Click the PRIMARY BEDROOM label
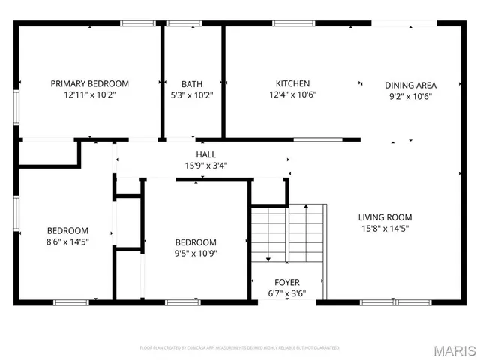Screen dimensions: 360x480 (89, 83)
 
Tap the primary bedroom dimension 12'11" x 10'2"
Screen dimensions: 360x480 (89, 95)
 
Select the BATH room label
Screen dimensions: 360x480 (192, 83)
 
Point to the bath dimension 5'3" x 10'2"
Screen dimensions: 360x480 (192, 95)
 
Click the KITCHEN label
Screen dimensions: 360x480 (292, 83)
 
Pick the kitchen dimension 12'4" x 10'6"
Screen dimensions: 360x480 (292, 95)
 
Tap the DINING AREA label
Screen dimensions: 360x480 (410, 85)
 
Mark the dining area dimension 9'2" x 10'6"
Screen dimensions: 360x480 (410, 96)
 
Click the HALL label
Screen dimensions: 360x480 (206, 154)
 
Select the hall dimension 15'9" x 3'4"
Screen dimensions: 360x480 (206, 166)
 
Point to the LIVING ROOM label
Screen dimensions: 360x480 (384, 217)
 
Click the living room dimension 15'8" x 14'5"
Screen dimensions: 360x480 (384, 229)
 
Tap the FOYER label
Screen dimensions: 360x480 (287, 282)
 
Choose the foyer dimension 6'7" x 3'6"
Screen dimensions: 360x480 (287, 293)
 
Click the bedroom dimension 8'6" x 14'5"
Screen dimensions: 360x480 (67, 241)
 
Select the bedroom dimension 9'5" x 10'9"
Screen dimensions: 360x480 (196, 253)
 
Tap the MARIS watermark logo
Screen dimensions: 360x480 (452, 349)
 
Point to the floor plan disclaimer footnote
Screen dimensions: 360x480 (240, 348)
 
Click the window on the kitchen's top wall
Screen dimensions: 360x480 (292, 23)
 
